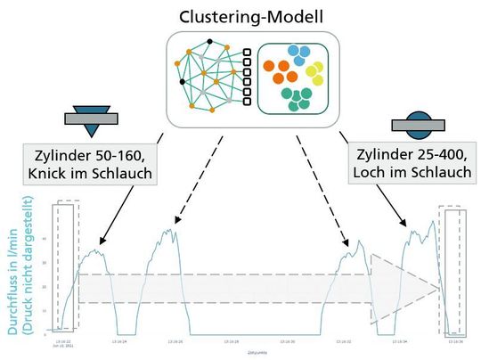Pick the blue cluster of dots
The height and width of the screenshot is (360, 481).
click(x=296, y=53)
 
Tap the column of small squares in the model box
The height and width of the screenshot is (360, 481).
click(x=247, y=78)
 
